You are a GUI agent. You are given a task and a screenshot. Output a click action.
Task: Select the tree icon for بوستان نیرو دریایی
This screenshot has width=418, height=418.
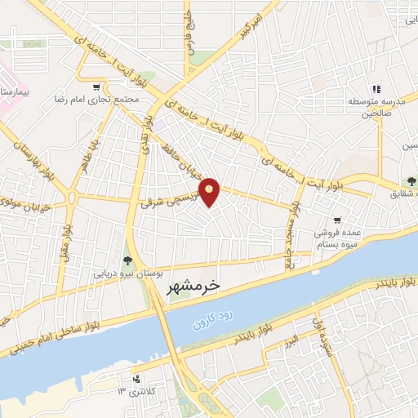point(127,260)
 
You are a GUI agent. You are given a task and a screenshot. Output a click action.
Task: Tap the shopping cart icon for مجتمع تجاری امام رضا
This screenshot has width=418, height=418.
point(97,87)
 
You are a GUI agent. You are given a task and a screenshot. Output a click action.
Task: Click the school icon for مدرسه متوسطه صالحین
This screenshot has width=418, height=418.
point(376,89)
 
